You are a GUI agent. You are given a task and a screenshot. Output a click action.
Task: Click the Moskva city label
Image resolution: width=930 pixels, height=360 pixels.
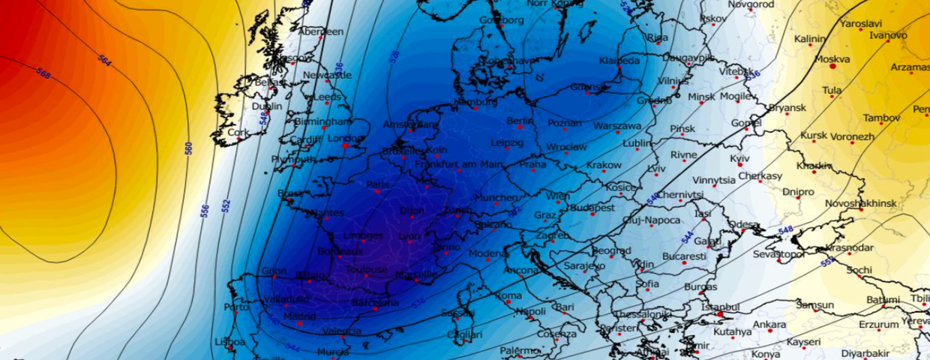point(832,58)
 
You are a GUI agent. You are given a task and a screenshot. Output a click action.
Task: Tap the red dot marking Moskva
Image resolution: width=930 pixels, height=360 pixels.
point(832,67)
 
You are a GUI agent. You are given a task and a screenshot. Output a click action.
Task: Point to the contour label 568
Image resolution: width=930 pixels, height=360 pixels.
point(43,74)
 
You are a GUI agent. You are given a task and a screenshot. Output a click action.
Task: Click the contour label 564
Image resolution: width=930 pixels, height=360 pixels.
point(104,61)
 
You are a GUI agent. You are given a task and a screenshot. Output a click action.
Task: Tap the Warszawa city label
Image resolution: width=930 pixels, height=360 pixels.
point(617,126)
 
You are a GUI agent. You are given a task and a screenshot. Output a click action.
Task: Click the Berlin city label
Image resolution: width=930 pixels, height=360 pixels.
point(520,121)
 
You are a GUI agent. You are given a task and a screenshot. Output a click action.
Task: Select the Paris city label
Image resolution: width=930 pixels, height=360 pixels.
point(379,184)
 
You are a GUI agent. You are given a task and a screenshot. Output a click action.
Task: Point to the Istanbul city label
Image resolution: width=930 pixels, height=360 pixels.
point(721,307)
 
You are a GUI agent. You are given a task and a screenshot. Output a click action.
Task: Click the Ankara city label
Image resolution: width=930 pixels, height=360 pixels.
point(769,324)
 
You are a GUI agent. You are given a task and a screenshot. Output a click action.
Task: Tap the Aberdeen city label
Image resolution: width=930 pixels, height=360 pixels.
point(320,31)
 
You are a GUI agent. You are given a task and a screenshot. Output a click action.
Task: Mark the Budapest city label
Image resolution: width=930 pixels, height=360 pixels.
point(592,208)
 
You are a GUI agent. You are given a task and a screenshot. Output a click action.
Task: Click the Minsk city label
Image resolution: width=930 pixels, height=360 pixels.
point(701,97)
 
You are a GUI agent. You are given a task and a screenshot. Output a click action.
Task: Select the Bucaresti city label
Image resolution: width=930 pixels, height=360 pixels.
point(685,256)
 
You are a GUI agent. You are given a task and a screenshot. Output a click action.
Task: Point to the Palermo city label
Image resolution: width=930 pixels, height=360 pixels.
point(520,350)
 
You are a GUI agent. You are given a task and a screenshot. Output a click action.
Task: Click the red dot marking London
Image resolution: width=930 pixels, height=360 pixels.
point(346,145)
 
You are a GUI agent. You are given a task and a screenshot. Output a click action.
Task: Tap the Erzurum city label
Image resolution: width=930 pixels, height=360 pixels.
point(877,325)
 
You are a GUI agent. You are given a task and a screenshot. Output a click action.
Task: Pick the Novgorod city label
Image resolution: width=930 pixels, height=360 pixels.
point(751,4)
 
